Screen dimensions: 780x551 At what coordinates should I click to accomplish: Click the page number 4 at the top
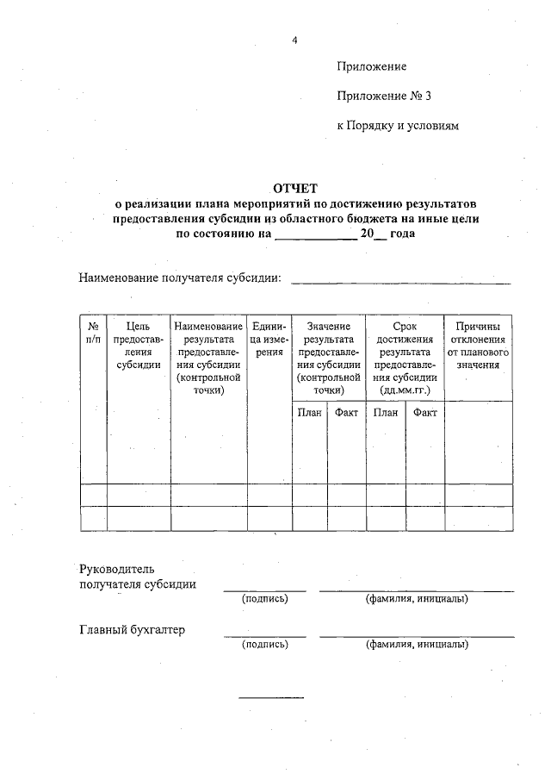[x=294, y=40]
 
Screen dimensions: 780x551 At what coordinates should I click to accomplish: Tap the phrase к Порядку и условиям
[x=398, y=126]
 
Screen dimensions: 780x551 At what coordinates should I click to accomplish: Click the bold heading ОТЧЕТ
[x=295, y=188]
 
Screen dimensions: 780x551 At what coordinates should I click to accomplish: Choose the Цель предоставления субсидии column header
[x=139, y=345]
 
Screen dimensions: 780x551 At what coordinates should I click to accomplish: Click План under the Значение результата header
[x=310, y=413]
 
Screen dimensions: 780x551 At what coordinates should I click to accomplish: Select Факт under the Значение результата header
[x=346, y=413]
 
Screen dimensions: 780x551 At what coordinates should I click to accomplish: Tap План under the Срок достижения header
[x=386, y=413]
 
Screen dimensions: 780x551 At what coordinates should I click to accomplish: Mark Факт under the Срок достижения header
[x=425, y=413]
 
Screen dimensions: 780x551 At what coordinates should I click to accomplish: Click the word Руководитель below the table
[x=116, y=569]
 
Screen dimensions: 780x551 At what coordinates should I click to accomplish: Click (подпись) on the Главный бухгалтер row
[x=264, y=644]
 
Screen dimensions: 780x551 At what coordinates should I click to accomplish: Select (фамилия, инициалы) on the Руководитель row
[x=417, y=598]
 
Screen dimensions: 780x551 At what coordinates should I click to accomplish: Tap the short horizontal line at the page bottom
[x=270, y=696]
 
